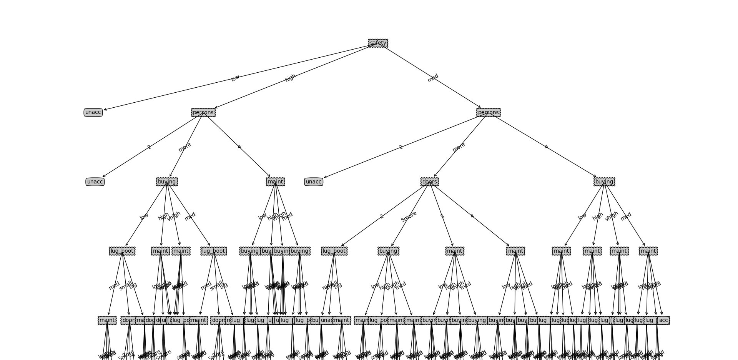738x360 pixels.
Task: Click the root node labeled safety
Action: (378, 43)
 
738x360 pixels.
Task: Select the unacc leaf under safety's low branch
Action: (93, 112)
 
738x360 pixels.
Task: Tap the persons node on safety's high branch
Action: (203, 112)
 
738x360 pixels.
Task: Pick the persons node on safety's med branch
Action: (488, 112)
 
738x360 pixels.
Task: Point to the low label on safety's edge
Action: (235, 78)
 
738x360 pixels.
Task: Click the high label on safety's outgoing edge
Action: (290, 78)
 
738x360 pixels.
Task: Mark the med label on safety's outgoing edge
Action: (433, 78)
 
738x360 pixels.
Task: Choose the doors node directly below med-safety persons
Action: (429, 182)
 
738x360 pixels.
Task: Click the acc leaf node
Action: (663, 320)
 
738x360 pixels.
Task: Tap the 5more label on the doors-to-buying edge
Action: (409, 217)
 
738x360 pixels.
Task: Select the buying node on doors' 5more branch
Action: (388, 251)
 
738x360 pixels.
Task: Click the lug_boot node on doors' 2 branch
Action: (334, 251)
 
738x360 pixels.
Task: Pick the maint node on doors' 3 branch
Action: (455, 251)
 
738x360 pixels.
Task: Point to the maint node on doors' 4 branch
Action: (515, 251)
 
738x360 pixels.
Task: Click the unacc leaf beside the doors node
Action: (314, 182)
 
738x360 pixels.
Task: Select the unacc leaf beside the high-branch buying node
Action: (95, 182)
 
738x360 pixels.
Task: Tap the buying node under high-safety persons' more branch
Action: (167, 182)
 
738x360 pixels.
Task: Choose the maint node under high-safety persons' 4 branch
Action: (275, 182)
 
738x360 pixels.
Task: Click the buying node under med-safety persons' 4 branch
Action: (604, 182)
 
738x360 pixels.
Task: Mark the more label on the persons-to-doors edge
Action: (459, 147)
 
